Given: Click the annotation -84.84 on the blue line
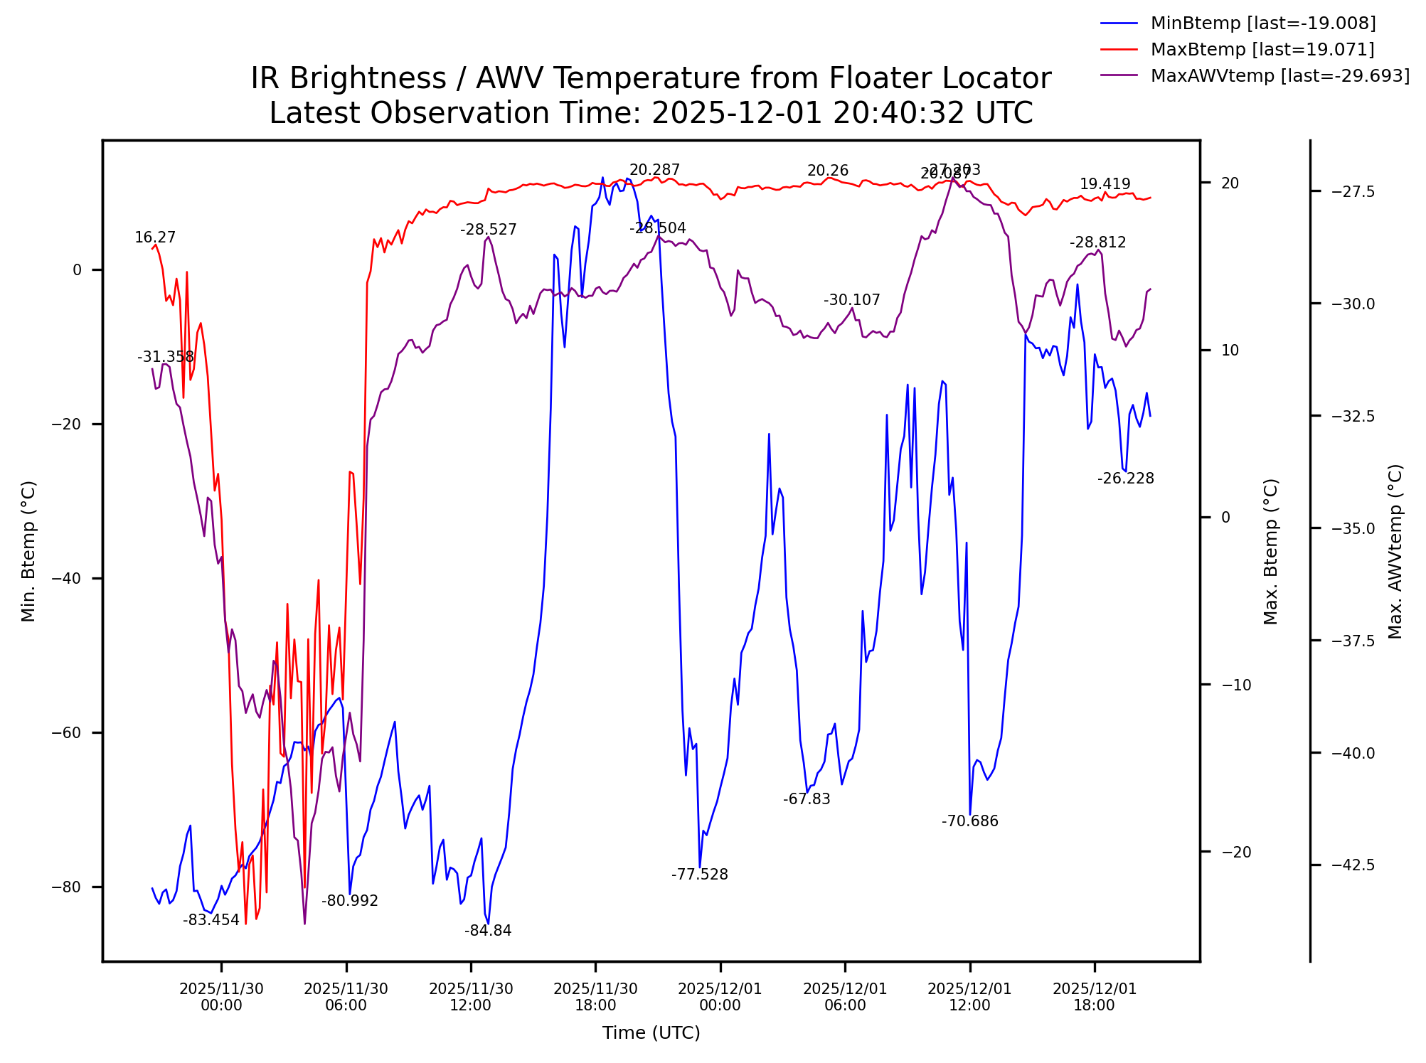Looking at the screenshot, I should tap(488, 931).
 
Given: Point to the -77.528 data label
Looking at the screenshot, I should tap(700, 874).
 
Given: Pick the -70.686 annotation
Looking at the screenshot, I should tap(970, 821).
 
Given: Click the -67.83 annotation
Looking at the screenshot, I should tap(807, 798).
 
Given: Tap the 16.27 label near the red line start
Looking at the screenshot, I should tap(155, 237).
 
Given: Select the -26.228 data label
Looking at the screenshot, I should tap(1125, 478).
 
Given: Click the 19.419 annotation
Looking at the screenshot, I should tap(1105, 184).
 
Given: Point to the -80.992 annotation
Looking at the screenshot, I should tap(350, 901).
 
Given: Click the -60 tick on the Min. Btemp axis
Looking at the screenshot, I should tap(72, 733).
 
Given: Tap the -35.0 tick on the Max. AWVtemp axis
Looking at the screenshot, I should tap(1353, 528).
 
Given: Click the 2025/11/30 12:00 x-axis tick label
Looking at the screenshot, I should tap(471, 997).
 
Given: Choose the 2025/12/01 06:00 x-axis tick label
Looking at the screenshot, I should tap(845, 997).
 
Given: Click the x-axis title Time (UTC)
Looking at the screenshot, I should tap(651, 1033).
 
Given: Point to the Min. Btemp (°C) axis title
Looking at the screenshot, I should tap(28, 551).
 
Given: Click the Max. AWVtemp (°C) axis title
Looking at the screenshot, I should tap(1395, 551).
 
